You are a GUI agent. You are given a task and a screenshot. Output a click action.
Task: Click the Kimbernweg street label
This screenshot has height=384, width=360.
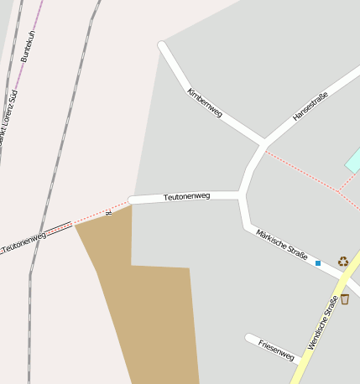coord(204,101)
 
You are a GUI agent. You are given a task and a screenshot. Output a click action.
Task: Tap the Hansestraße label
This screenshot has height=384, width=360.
coord(310,107)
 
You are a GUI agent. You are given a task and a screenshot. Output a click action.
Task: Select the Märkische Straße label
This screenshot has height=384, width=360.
coord(282,244)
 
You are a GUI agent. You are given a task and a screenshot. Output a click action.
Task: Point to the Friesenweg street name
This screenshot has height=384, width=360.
coord(276,350)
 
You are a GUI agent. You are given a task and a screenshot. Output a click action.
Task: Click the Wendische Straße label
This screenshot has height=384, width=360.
coord(322,323)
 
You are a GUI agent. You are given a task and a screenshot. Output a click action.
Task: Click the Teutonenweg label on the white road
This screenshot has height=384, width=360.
coord(186,196)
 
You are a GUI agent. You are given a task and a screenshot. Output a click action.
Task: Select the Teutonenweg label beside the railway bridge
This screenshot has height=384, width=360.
coord(23,241)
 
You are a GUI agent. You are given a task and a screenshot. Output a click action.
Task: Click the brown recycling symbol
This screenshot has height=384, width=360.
coord(342,261)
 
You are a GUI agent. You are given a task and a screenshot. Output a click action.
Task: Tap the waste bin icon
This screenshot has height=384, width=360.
coord(345,298)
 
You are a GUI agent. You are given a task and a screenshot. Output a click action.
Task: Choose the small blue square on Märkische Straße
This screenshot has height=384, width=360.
coord(318,263)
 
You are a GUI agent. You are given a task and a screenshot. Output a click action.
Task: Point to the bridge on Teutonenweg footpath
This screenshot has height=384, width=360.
coord(59,228)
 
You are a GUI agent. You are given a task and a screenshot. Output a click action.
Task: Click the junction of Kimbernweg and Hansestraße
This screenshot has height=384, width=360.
coord(263,142)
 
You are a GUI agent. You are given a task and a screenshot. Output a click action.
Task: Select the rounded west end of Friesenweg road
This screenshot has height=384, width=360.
coord(249,338)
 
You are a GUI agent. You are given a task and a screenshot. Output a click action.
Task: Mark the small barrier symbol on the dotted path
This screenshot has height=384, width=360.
coord(108,213)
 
